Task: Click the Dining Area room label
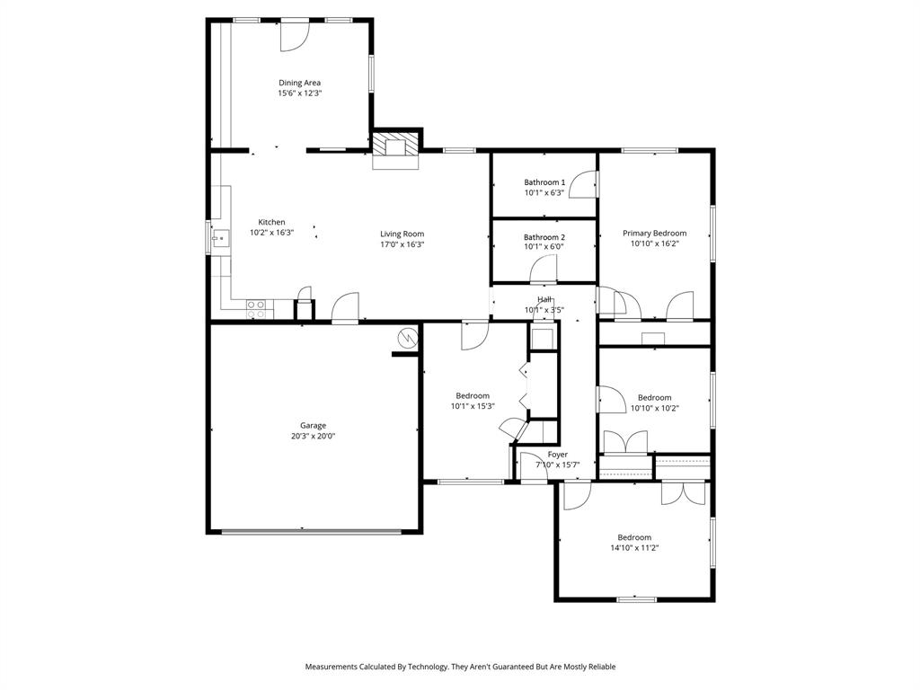pyautogui.click(x=299, y=83)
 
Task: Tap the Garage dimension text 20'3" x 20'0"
pyautogui.click(x=313, y=437)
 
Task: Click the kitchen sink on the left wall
pyautogui.click(x=219, y=238)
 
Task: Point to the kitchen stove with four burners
pyautogui.click(x=256, y=310)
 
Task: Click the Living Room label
pyautogui.click(x=402, y=234)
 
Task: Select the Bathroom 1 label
pyautogui.click(x=544, y=181)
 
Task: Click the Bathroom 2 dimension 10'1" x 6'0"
pyautogui.click(x=544, y=247)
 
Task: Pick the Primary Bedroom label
pyautogui.click(x=654, y=233)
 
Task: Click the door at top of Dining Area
pyautogui.click(x=294, y=34)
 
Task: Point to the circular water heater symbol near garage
pyautogui.click(x=408, y=338)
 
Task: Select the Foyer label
pyautogui.click(x=557, y=455)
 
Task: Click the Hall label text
pyautogui.click(x=544, y=299)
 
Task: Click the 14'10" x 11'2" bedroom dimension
pyautogui.click(x=640, y=547)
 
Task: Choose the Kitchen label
pyautogui.click(x=271, y=222)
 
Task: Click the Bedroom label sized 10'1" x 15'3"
pyautogui.click(x=473, y=395)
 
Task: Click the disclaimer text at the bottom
pyautogui.click(x=460, y=667)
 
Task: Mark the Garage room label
pyautogui.click(x=313, y=425)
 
